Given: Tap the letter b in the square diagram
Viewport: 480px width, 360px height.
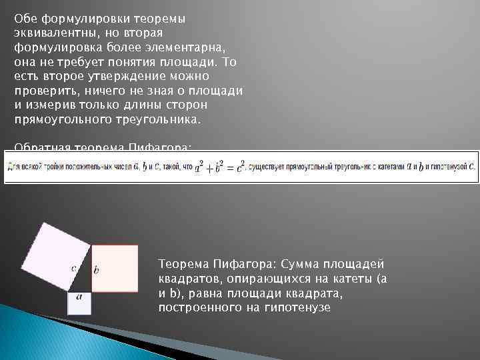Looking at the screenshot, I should click(96, 270).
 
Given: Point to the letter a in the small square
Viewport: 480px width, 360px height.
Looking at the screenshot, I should click(79, 297).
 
